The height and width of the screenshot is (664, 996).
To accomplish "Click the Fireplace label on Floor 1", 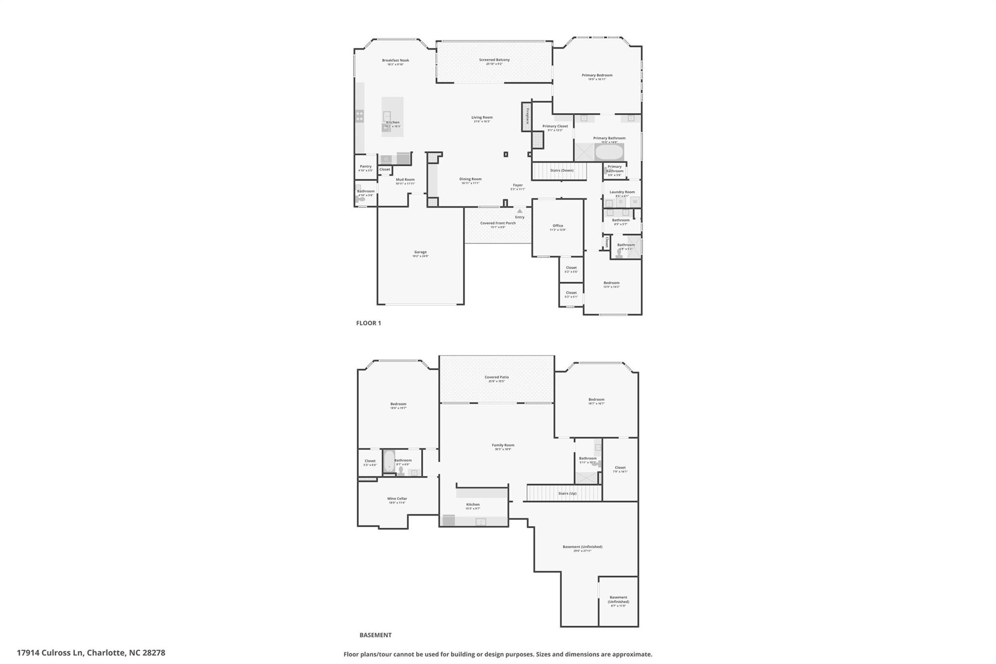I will tap(527, 116).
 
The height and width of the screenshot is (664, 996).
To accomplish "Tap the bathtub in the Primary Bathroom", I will tap(608, 153).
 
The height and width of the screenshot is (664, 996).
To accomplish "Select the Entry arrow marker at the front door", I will tap(519, 211).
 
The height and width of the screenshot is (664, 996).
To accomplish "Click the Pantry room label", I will tap(366, 166).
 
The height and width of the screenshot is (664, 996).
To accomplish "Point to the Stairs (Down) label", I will tap(562, 171).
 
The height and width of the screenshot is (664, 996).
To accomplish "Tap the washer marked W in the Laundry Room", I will tap(635, 201).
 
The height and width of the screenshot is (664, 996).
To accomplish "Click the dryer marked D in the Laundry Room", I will tap(621, 201).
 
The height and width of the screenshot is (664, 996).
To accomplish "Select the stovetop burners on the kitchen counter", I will tap(359, 116).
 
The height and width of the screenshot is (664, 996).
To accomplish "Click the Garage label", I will tap(420, 252).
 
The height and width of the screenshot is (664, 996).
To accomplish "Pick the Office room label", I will tap(558, 226).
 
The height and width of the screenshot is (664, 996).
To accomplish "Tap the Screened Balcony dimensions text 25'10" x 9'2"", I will tap(494, 64).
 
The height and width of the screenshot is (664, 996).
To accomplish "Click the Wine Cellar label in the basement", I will tap(397, 499).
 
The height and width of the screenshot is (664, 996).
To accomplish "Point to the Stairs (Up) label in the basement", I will tap(567, 493).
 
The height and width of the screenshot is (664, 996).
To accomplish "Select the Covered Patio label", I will tap(497, 377).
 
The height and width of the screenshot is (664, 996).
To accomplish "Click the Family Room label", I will tap(503, 445).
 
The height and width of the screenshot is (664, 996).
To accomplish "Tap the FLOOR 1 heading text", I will tap(369, 323).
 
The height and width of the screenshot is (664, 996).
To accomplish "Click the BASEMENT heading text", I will tap(375, 635).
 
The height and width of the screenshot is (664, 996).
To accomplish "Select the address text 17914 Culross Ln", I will tap(51, 653).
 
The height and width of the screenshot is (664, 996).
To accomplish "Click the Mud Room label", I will tap(405, 179).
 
